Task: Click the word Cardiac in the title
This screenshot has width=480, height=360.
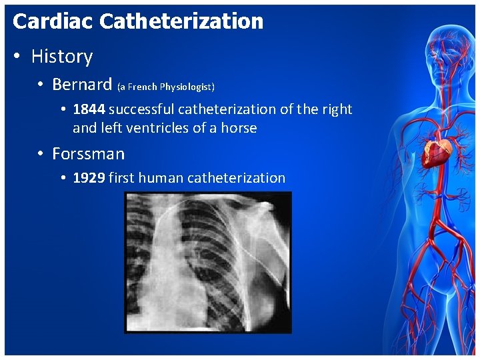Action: tap(53, 21)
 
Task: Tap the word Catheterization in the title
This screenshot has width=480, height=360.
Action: tap(181, 21)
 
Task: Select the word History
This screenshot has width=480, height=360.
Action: tap(62, 57)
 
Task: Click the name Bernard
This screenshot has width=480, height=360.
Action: tap(82, 85)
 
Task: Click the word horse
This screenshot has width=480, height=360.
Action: tap(237, 128)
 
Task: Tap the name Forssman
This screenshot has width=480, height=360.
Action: tap(88, 154)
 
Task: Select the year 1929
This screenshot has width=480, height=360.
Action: tap(89, 178)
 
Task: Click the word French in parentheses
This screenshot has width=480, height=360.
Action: tap(143, 87)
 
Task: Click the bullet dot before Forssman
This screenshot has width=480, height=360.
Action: tap(41, 155)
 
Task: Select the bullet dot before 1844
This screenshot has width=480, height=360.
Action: tap(62, 110)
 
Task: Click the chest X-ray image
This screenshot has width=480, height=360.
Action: tap(208, 262)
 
